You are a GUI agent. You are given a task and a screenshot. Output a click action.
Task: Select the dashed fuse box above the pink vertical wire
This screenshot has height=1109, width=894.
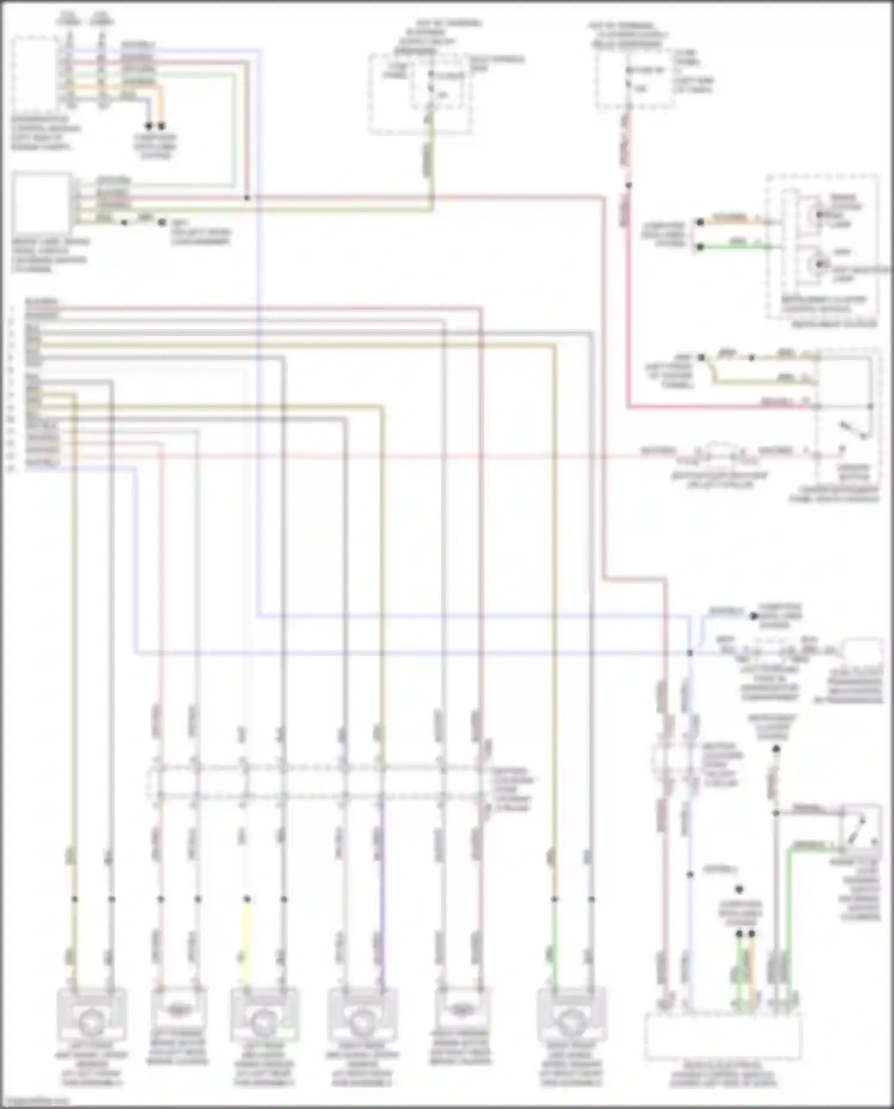[x=633, y=80]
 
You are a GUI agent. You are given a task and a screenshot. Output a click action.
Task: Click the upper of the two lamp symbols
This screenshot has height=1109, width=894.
[x=818, y=214]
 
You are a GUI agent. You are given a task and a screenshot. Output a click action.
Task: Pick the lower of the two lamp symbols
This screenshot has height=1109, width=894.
[x=818, y=263]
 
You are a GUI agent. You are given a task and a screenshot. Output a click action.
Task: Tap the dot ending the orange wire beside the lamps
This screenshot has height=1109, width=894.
[x=700, y=222]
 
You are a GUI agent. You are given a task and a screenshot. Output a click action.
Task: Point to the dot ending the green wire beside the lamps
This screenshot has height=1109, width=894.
[x=700, y=246]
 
